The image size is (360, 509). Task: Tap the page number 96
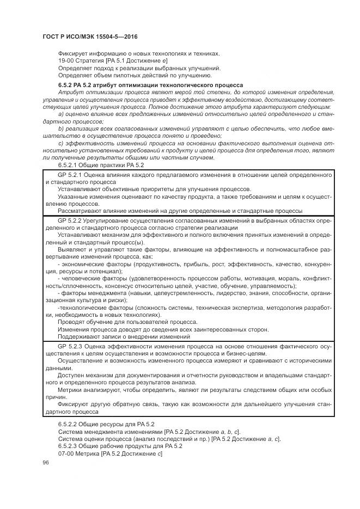point(45,462)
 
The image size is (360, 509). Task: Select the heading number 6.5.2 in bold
point(66,86)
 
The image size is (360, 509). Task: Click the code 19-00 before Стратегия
point(65,60)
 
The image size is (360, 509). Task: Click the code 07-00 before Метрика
point(65,453)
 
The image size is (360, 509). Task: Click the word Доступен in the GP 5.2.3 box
point(71,376)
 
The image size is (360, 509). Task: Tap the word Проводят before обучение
point(71,322)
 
